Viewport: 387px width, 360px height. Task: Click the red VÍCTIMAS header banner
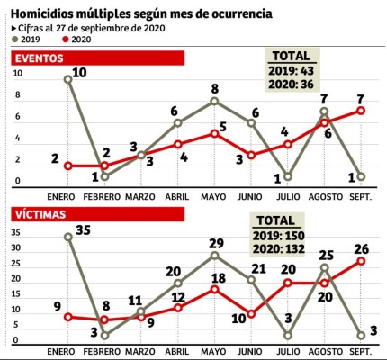(x=97, y=216)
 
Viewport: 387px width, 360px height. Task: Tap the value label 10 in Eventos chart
(x=80, y=72)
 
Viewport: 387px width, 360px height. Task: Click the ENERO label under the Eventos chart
(x=63, y=193)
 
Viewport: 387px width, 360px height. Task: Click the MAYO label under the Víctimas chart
(x=214, y=350)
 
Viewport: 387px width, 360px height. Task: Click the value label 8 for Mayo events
(x=215, y=89)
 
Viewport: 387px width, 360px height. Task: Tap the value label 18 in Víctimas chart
(x=218, y=279)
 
